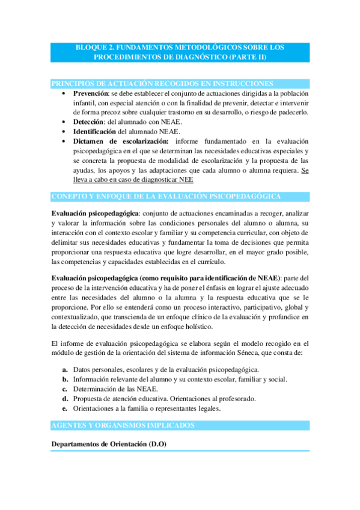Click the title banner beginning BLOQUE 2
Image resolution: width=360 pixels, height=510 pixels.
tap(180, 52)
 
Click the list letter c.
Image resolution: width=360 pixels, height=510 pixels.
tap(65, 389)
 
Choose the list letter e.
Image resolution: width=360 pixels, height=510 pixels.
tap(65, 408)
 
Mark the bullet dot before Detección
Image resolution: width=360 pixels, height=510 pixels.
tap(64, 121)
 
